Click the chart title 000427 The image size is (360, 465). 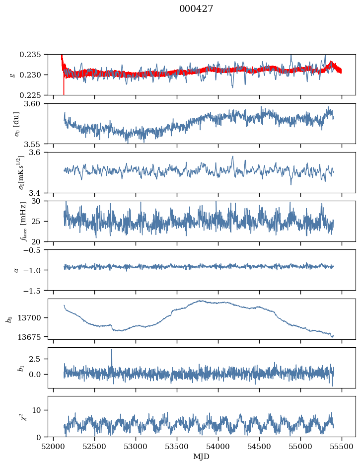click(x=196, y=9)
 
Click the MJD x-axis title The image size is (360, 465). click(x=201, y=456)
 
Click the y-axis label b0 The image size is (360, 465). click(x=9, y=319)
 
